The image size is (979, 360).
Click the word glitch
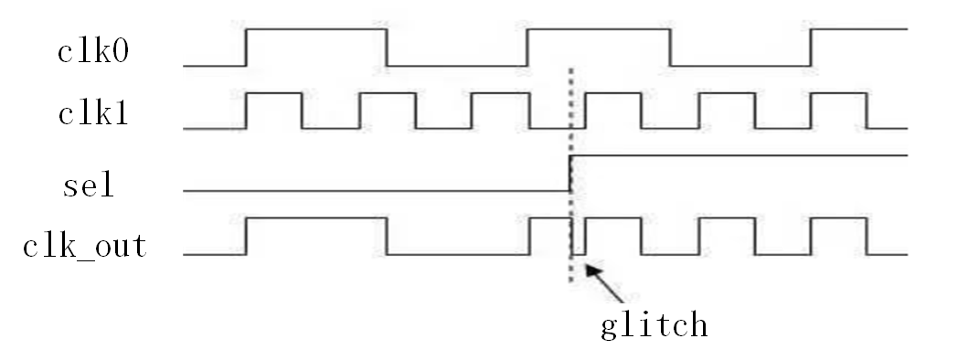(654, 324)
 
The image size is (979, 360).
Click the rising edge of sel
(569, 174)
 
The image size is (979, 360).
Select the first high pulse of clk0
(316, 30)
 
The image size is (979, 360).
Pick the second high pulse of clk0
(600, 30)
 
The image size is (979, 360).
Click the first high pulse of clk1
(273, 93)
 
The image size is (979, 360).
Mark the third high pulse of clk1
(499, 93)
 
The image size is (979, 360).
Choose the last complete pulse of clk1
(839, 93)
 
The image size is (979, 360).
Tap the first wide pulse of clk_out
(316, 219)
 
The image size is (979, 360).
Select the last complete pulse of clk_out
(839, 219)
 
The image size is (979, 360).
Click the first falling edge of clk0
(388, 48)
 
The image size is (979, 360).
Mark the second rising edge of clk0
(528, 48)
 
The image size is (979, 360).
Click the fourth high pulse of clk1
(612, 93)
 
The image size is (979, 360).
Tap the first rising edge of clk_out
(246, 237)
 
